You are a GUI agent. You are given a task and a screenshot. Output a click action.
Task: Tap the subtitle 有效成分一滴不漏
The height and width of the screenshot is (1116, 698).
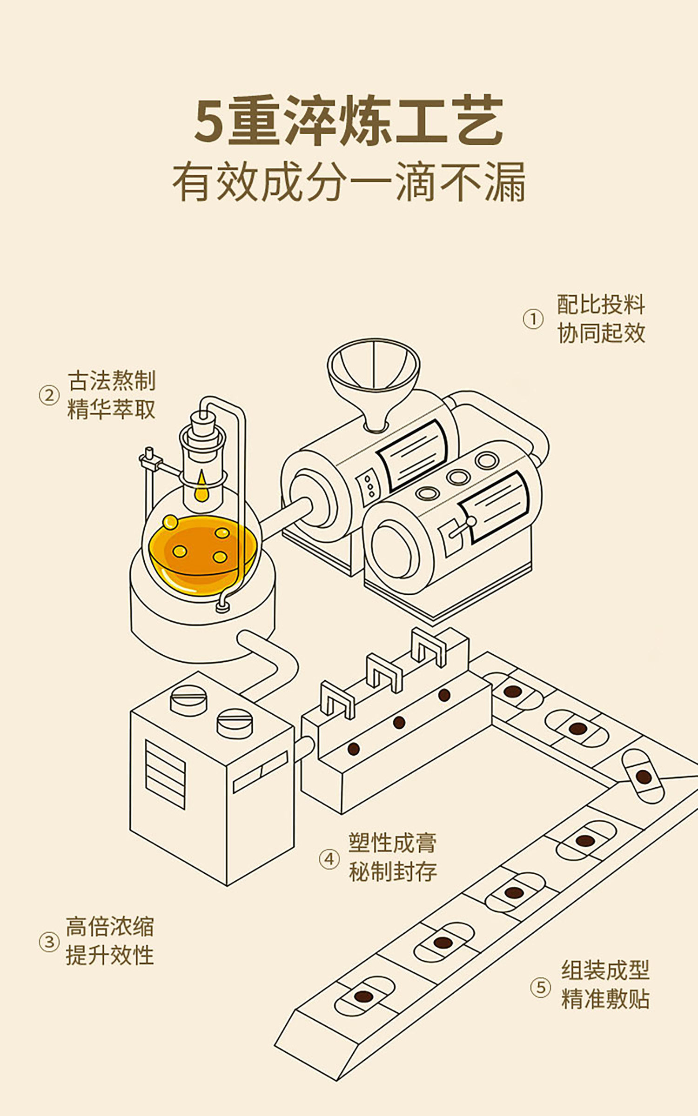pyautogui.click(x=349, y=182)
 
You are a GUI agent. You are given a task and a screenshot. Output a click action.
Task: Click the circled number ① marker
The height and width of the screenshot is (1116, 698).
pyautogui.click(x=533, y=319)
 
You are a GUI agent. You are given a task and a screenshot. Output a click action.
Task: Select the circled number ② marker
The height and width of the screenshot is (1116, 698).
pyautogui.click(x=49, y=396)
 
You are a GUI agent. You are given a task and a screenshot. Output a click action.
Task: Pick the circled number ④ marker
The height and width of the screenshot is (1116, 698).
pyautogui.click(x=329, y=859)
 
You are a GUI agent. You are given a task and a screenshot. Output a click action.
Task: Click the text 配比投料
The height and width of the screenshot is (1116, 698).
pyautogui.click(x=601, y=305)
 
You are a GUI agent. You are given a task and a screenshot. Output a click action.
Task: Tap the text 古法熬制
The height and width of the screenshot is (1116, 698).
pyautogui.click(x=111, y=381)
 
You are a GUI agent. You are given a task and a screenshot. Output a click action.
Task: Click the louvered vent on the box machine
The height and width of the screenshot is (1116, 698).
pyautogui.click(x=165, y=774)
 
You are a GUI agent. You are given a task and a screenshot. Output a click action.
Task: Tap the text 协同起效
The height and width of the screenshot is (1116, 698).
pyautogui.click(x=601, y=333)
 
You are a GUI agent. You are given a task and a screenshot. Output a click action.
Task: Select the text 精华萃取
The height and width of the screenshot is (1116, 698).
pyautogui.click(x=111, y=409)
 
